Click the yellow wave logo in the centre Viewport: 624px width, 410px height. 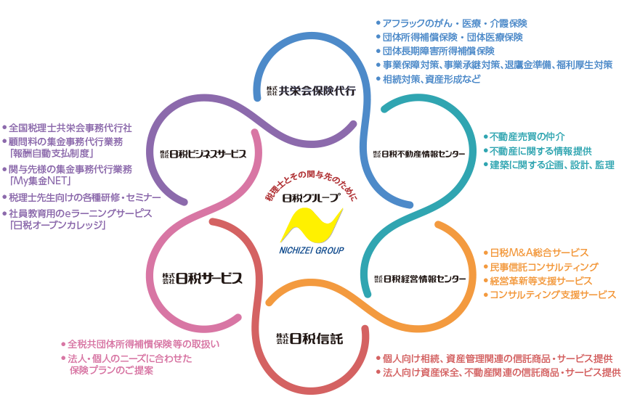point(312,224)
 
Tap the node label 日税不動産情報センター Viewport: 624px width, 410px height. point(419,153)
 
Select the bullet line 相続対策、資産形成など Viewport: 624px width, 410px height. point(431,79)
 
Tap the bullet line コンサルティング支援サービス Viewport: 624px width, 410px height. point(552,295)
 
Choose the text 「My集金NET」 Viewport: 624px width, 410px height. point(39,181)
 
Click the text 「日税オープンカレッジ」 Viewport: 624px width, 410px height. point(57,225)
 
